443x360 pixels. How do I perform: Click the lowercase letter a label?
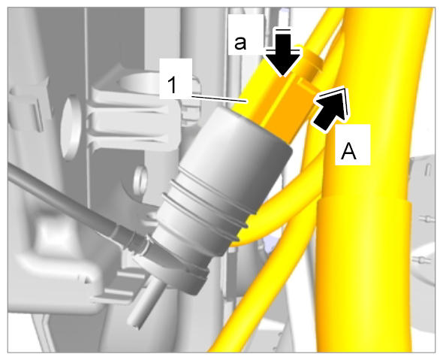240,44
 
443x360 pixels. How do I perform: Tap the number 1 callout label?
173,85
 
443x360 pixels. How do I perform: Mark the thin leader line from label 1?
219,98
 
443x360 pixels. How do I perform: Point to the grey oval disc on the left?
70,129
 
